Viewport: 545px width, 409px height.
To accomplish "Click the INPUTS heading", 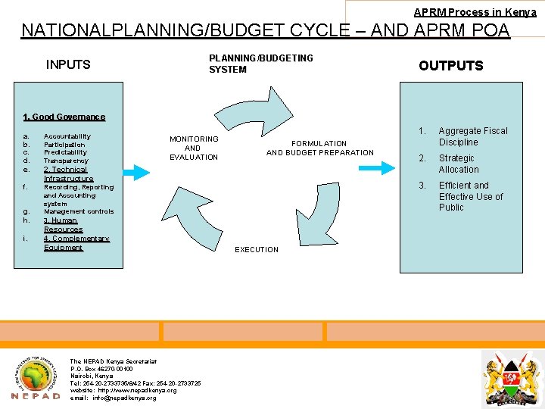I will click(68, 64).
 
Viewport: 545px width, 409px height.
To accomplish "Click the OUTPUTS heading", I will click(450, 66).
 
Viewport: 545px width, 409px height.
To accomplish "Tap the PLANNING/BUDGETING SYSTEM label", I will click(260, 64).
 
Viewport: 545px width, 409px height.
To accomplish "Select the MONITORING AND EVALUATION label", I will click(194, 148).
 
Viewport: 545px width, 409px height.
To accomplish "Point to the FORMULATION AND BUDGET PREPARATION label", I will click(319, 148).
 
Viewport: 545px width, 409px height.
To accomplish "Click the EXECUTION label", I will click(257, 249).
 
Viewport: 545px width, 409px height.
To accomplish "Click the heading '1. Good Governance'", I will click(64, 117).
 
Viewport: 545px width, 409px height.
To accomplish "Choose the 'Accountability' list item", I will click(67, 136).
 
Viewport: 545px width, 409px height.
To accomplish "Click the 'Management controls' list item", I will click(79, 211).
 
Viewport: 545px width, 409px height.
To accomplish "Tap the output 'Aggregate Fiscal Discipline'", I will click(472, 136).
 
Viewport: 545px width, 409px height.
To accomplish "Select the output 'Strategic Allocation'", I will click(458, 164).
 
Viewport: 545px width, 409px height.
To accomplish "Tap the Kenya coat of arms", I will click(512, 376).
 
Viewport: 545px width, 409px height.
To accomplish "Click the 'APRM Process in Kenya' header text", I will click(475, 12).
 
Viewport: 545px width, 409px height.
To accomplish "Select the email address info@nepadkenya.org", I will click(113, 398).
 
